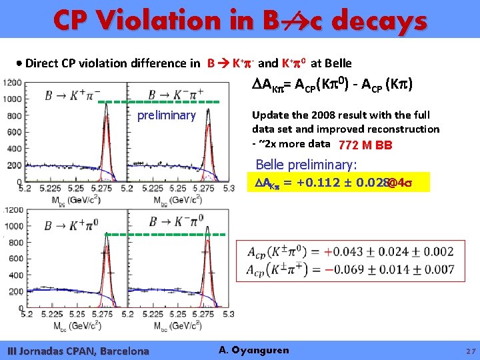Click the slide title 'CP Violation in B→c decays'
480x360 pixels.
pyautogui.click(x=240, y=21)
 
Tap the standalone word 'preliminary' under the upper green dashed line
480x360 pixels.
pyautogui.click(x=166, y=116)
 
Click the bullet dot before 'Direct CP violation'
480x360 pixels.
pyautogui.click(x=19, y=64)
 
